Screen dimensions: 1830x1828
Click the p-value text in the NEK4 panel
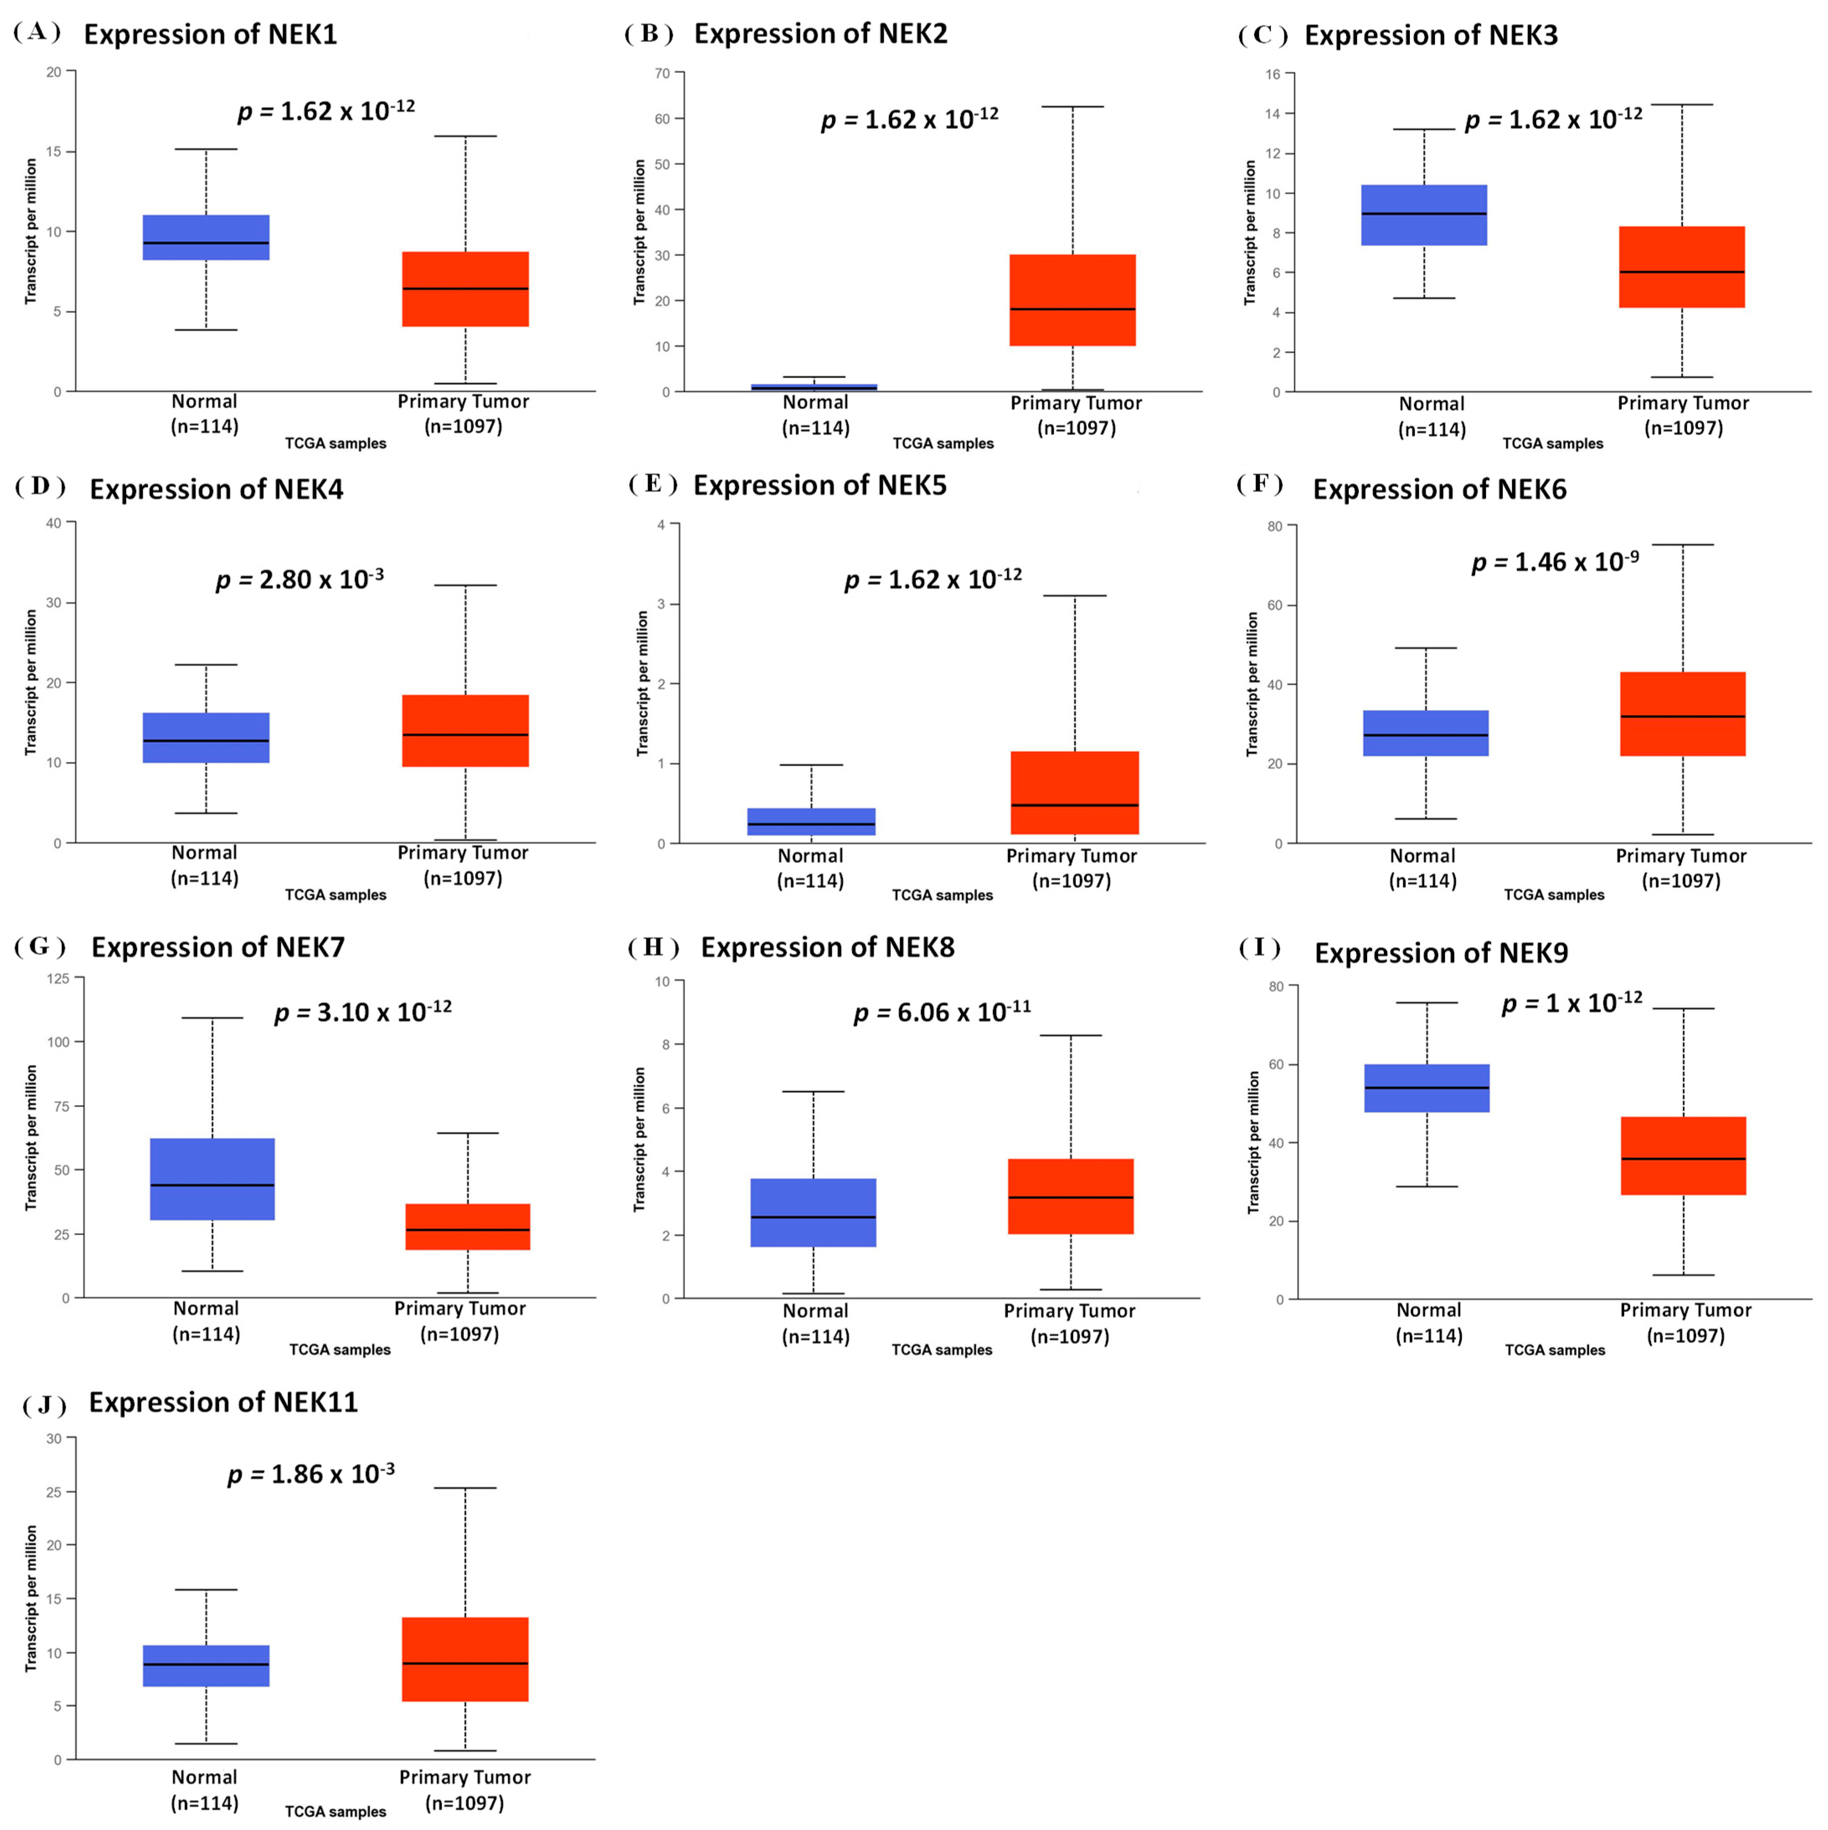[299, 579]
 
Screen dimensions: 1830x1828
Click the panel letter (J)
[44, 1405]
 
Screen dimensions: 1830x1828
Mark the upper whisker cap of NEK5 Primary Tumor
[1075, 596]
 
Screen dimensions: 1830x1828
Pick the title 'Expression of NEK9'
[1441, 953]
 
